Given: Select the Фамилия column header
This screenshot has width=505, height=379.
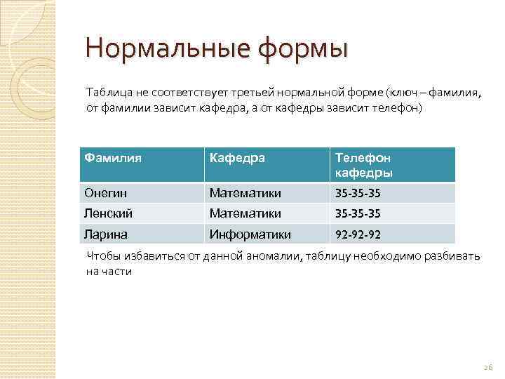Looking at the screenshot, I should tap(113, 158).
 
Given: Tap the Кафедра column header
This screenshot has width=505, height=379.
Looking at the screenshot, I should tap(238, 158).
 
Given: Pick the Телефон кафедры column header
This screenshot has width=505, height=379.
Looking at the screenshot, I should tap(363, 165).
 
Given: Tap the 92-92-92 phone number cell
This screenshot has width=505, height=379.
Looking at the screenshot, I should tap(358, 233).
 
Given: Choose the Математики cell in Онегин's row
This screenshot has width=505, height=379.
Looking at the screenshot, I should tap(245, 192).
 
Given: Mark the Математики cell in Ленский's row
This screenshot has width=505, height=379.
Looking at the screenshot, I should tap(245, 213).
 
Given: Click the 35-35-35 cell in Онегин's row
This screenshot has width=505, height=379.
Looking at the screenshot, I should tap(358, 192).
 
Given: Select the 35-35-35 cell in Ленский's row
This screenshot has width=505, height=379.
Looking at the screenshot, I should tap(358, 213).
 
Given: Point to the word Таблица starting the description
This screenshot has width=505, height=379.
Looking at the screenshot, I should tap(108, 93).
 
